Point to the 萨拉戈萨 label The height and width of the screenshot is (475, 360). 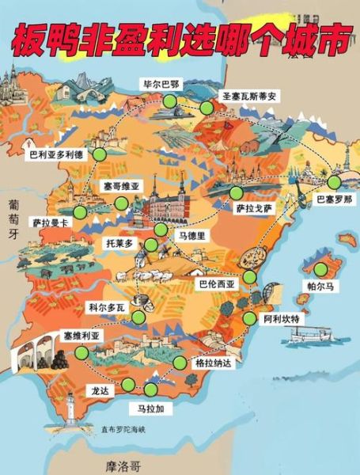tap(253, 208)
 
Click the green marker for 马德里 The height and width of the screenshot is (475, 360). tap(161, 230)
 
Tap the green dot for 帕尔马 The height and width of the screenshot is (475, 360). tap(318, 269)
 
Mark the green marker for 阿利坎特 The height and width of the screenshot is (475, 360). tap(250, 319)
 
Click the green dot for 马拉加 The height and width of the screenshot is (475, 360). tap(150, 389)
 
